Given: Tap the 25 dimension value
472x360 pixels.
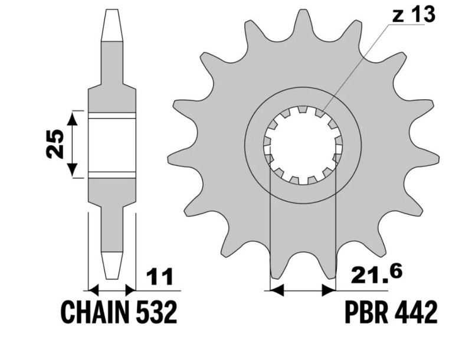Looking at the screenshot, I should point(55,143).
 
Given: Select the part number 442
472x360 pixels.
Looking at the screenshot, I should point(417,313).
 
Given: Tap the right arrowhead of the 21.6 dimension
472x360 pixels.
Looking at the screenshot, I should point(329,290).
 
